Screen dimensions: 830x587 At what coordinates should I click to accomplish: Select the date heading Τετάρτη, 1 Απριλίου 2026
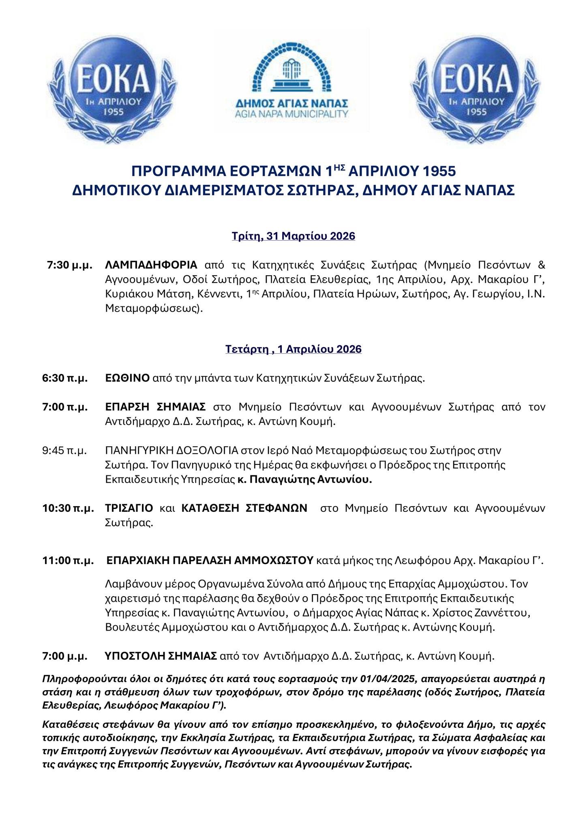[x=293, y=349]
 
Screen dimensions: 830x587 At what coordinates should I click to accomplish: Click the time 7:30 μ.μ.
[x=69, y=265]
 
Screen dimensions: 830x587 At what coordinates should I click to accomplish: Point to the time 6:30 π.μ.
[x=65, y=378]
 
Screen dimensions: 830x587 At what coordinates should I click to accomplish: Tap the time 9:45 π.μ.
[x=65, y=451]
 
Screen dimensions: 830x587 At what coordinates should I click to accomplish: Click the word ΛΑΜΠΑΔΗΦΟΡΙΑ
[x=151, y=265]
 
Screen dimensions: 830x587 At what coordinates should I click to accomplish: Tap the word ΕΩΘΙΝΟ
[x=127, y=378]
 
